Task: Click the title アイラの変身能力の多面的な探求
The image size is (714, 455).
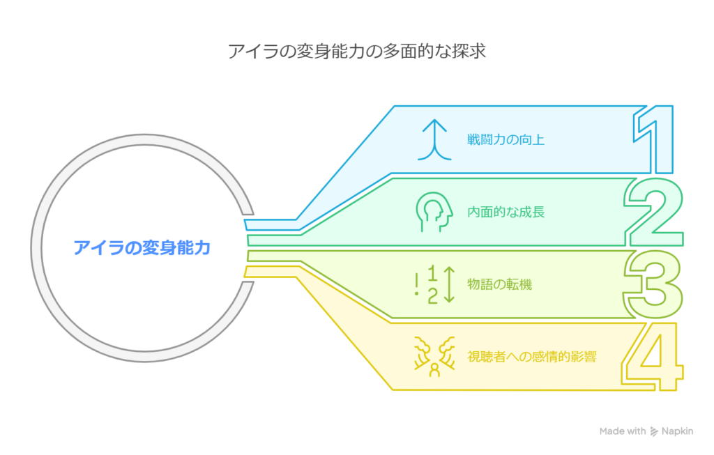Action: click(x=357, y=51)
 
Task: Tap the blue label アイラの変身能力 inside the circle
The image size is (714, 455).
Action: click(x=142, y=248)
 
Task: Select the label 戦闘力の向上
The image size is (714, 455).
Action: click(x=506, y=139)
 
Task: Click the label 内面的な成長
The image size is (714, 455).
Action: click(x=506, y=212)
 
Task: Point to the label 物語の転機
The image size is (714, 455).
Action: click(x=499, y=284)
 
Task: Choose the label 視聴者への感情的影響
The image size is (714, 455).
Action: click(x=532, y=357)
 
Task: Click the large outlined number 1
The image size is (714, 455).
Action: click(x=654, y=139)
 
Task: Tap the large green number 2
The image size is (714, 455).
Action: click(x=654, y=212)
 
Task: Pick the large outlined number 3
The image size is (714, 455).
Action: click(x=653, y=284)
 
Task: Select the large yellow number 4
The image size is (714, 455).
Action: click(x=653, y=357)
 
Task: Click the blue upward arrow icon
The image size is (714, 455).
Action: click(x=434, y=139)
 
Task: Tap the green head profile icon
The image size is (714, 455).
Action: click(x=434, y=212)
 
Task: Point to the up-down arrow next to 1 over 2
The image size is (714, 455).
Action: click(x=450, y=284)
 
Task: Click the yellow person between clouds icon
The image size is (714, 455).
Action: click(x=434, y=357)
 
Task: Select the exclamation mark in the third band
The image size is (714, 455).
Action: click(x=417, y=284)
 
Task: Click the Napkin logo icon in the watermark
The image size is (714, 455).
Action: click(x=654, y=431)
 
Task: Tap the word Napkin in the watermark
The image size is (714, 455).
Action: click(x=677, y=431)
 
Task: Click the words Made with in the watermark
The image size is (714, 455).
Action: click(x=623, y=431)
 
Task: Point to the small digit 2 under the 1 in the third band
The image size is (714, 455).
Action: click(x=432, y=295)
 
